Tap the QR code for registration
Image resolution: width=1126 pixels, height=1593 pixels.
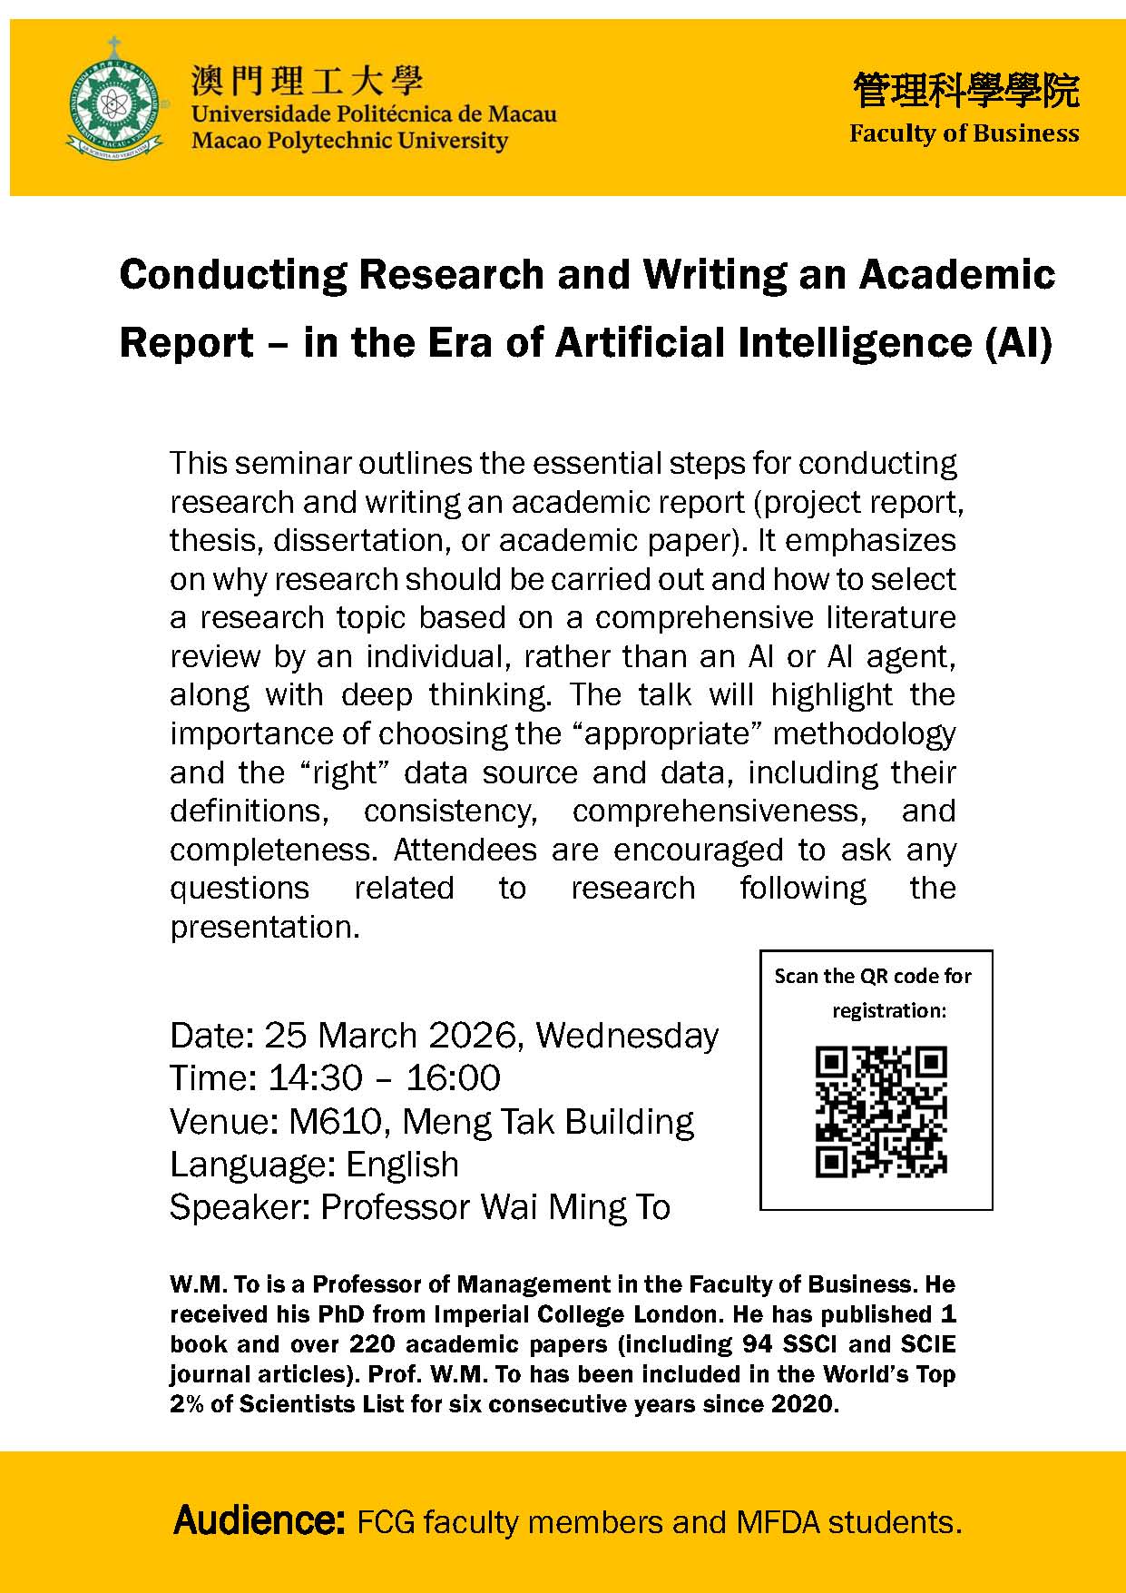pos(880,1111)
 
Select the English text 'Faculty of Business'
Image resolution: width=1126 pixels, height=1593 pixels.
pos(964,133)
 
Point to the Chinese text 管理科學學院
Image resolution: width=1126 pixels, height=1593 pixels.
pos(965,90)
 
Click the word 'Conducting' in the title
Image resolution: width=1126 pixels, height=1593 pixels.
pos(232,274)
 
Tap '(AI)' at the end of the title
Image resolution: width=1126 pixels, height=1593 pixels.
pos(1018,343)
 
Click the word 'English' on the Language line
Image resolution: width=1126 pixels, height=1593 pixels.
pos(402,1164)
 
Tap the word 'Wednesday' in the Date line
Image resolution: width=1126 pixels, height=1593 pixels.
pos(627,1035)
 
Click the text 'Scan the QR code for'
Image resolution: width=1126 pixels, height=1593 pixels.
pos(873,976)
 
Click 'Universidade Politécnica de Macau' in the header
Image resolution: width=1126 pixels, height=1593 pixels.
pos(373,114)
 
